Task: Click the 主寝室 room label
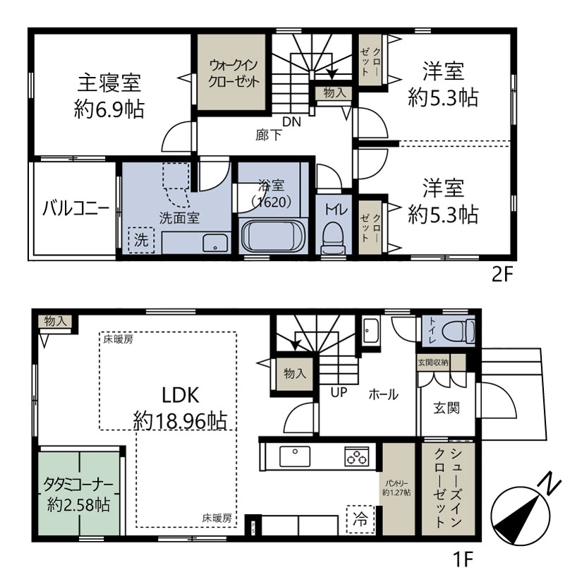[x=109, y=83]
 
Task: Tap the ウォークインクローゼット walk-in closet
[x=231, y=72]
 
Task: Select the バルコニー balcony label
[x=75, y=209]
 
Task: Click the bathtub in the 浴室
[x=273, y=236]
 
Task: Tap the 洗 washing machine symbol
[x=141, y=240]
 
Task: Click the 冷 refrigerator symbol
[x=360, y=519]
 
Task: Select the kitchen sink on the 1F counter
[x=295, y=456]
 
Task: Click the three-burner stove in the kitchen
[x=357, y=456]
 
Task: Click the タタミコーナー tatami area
[x=79, y=493]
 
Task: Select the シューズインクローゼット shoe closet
[x=448, y=489]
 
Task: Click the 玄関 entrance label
[x=447, y=408]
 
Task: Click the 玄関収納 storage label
[x=433, y=362]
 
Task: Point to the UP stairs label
[x=339, y=392]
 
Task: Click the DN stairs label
[x=291, y=121]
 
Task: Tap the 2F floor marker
[x=502, y=274]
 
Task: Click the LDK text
[x=181, y=395]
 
